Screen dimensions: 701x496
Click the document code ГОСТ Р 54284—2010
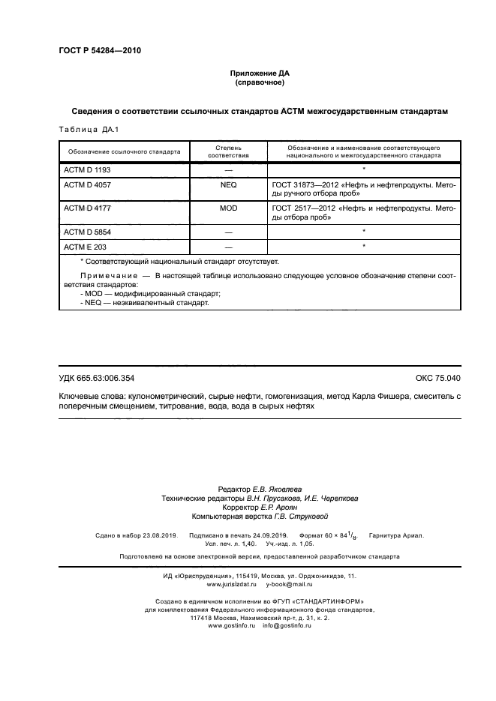100,51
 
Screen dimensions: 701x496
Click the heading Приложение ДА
259,73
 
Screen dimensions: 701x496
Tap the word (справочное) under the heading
259,83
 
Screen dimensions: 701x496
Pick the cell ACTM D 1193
89,170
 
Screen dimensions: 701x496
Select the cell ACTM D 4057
89,184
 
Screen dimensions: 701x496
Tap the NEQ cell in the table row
227,184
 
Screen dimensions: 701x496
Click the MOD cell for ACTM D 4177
227,208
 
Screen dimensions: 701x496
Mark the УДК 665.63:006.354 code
96,378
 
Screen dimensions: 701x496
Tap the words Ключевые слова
87,395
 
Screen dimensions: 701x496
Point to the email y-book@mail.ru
290,583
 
